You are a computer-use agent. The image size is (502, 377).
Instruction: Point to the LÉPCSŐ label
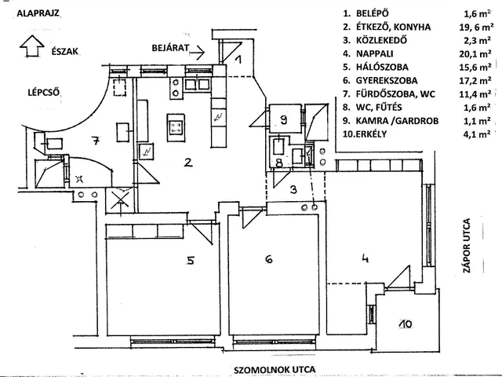(24, 90)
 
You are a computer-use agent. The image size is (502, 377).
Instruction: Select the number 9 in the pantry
(283, 119)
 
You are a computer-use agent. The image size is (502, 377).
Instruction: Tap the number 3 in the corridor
(292, 189)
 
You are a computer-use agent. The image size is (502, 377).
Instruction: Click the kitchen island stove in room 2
(176, 123)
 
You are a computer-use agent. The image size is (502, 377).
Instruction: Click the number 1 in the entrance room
(238, 59)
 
